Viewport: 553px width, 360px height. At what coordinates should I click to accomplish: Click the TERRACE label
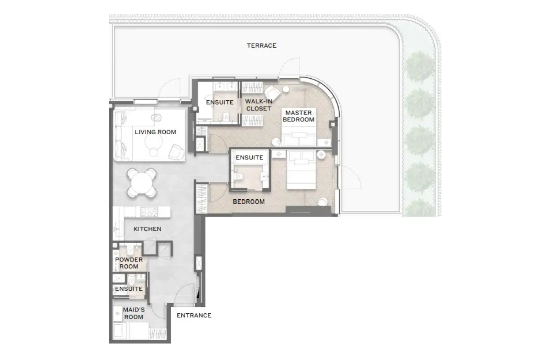[x=262, y=45]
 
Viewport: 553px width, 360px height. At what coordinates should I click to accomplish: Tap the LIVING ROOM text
[x=155, y=132]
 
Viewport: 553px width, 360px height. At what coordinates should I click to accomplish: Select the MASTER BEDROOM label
[x=298, y=116]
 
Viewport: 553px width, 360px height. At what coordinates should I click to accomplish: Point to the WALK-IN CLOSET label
[x=259, y=105]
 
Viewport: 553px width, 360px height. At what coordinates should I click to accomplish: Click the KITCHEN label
[x=147, y=229]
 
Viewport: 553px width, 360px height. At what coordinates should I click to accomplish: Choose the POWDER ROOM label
[x=129, y=263]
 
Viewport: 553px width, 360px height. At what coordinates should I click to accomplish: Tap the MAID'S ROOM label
[x=134, y=313]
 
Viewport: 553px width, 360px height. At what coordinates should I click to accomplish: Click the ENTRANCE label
[x=194, y=315]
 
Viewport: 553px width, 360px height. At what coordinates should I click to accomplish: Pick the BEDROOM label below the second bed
[x=249, y=202]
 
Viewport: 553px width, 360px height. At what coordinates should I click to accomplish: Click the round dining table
[x=142, y=183]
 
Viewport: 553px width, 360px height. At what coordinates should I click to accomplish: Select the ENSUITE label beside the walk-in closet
[x=220, y=102]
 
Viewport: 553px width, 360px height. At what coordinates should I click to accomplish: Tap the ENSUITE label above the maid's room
[x=129, y=289]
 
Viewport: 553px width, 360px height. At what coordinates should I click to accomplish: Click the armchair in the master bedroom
[x=272, y=93]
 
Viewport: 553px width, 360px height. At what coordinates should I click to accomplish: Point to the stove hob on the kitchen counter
[x=149, y=212]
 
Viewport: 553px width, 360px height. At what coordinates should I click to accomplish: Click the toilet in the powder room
[x=130, y=251]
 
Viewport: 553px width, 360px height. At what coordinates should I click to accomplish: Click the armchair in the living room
[x=176, y=152]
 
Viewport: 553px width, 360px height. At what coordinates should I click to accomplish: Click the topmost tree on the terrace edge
[x=419, y=67]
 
